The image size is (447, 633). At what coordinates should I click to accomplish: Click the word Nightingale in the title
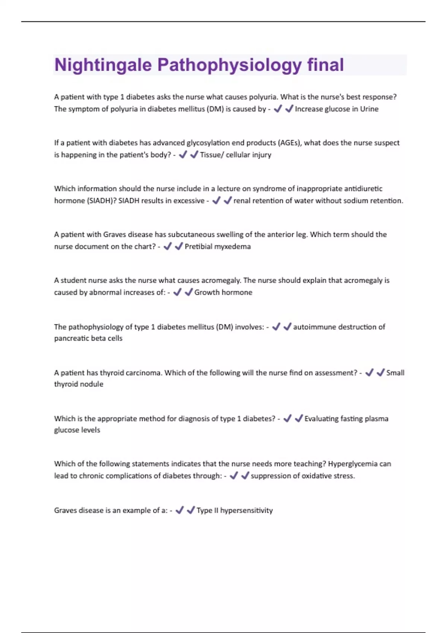click(103, 65)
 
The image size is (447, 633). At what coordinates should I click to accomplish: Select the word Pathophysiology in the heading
click(229, 65)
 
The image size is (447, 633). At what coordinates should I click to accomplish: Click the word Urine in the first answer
click(369, 109)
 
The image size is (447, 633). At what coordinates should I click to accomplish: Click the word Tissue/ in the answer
click(212, 155)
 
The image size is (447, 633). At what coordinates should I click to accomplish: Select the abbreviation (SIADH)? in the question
click(101, 201)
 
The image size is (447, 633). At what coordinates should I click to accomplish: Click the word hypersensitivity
click(247, 510)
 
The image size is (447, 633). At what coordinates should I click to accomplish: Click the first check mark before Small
click(369, 373)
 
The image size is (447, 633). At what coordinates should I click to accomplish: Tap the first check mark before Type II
click(180, 510)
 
